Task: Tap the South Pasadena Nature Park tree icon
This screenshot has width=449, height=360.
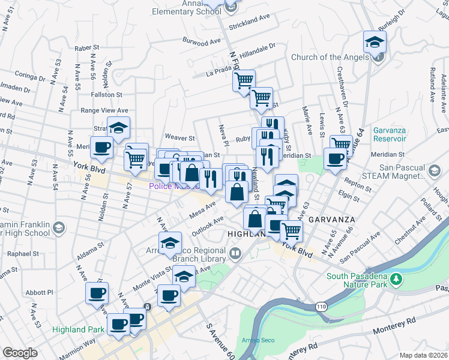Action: click(396, 278)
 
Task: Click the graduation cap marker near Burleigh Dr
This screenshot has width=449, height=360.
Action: click(375, 42)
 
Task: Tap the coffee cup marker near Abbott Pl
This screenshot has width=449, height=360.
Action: click(97, 293)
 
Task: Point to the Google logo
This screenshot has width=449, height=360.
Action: click(20, 353)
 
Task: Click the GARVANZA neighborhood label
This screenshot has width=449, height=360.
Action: click(330, 220)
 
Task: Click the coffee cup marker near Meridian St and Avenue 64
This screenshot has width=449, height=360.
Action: click(335, 158)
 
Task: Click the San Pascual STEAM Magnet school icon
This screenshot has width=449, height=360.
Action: click(432, 171)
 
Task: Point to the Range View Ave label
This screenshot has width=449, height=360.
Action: click(104, 110)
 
